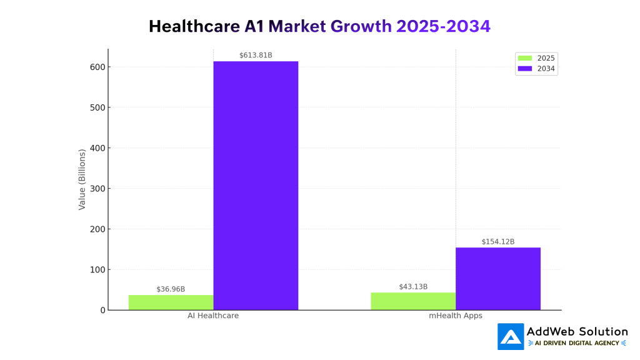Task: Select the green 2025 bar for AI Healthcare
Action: click(171, 302)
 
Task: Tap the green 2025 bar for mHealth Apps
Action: click(413, 301)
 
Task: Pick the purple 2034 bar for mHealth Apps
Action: click(497, 279)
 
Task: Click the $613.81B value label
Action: click(256, 56)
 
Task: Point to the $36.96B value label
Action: click(171, 289)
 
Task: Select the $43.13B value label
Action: click(413, 287)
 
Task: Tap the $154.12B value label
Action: click(497, 242)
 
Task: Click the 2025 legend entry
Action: click(536, 58)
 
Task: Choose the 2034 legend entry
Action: click(536, 69)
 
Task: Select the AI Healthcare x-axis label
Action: click(213, 316)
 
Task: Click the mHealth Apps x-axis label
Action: click(455, 316)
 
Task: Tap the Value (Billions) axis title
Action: click(82, 179)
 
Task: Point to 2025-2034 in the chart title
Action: click(443, 26)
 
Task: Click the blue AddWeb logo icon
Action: click(511, 337)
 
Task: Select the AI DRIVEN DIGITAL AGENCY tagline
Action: click(577, 343)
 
